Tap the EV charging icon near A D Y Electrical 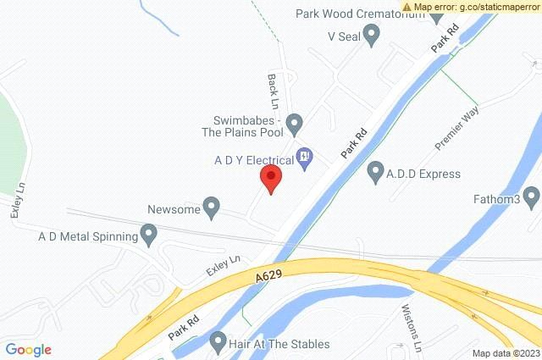306,157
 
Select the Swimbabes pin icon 294,124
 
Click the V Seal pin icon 372,35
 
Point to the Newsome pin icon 213,207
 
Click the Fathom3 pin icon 532,199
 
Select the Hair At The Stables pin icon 218,344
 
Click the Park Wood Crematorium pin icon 436,14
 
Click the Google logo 27,349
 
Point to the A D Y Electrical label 252,158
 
